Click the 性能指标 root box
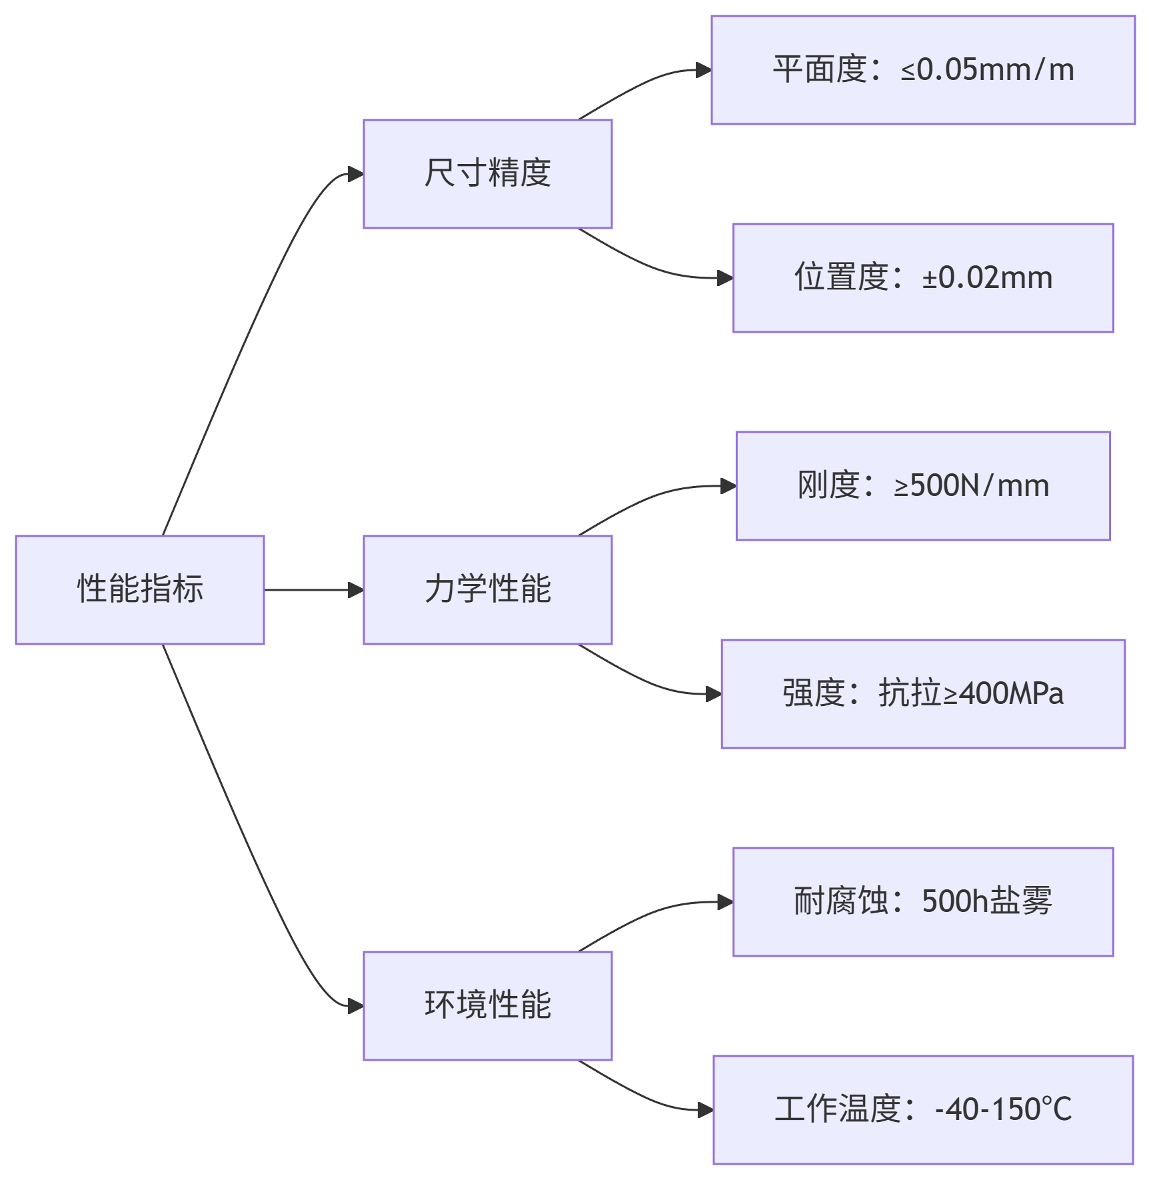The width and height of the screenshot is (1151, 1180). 140,589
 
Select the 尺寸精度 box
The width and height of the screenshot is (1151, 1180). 487,173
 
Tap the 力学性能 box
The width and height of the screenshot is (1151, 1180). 487,589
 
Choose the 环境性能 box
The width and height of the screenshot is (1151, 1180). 487,1005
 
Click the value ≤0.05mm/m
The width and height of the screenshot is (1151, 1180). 987,70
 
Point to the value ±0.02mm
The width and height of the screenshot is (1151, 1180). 987,278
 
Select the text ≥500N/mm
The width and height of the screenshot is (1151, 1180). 971,486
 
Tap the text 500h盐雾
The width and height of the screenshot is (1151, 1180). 986,902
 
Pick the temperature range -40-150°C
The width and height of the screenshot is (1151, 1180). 1003,1110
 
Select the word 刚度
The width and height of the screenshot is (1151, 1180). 828,486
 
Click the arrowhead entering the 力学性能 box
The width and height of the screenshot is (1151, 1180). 356,590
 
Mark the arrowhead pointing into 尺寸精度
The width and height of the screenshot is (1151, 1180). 356,174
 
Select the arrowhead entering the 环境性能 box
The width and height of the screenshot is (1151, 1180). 356,1006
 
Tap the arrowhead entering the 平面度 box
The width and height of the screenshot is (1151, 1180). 704,70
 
